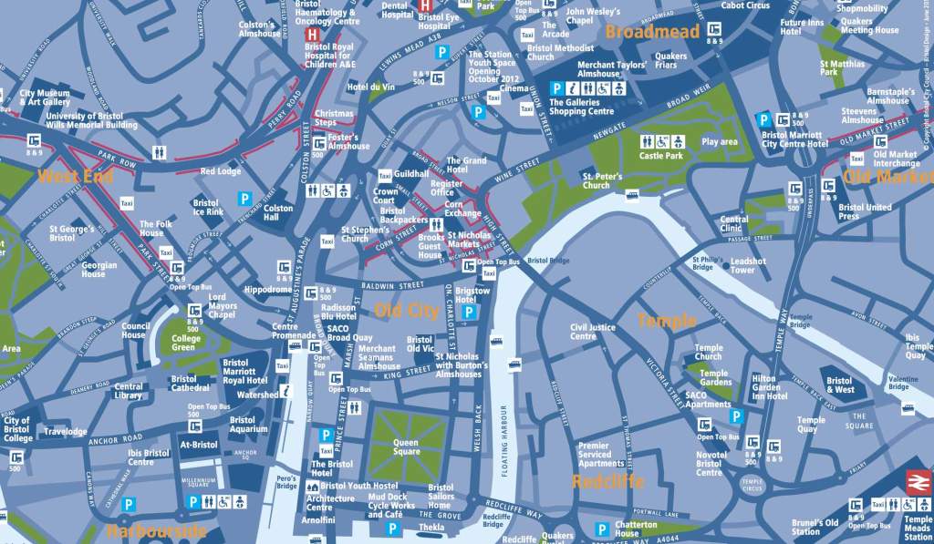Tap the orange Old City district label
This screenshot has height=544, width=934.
pos(406,311)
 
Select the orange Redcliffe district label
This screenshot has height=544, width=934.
pos(607,481)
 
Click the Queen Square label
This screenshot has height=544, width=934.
pos(406,447)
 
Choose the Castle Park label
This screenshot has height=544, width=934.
pos(661,156)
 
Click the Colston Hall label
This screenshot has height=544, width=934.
pos(278,213)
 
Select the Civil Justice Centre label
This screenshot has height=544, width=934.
pos(593,332)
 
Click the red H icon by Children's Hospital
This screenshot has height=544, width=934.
pos(311,34)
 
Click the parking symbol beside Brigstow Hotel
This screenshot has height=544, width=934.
pos(469,313)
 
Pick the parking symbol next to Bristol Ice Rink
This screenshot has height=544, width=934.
pos(244,198)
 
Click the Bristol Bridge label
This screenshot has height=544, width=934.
pos(549,261)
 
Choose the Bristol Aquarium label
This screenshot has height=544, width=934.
pos(248,424)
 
